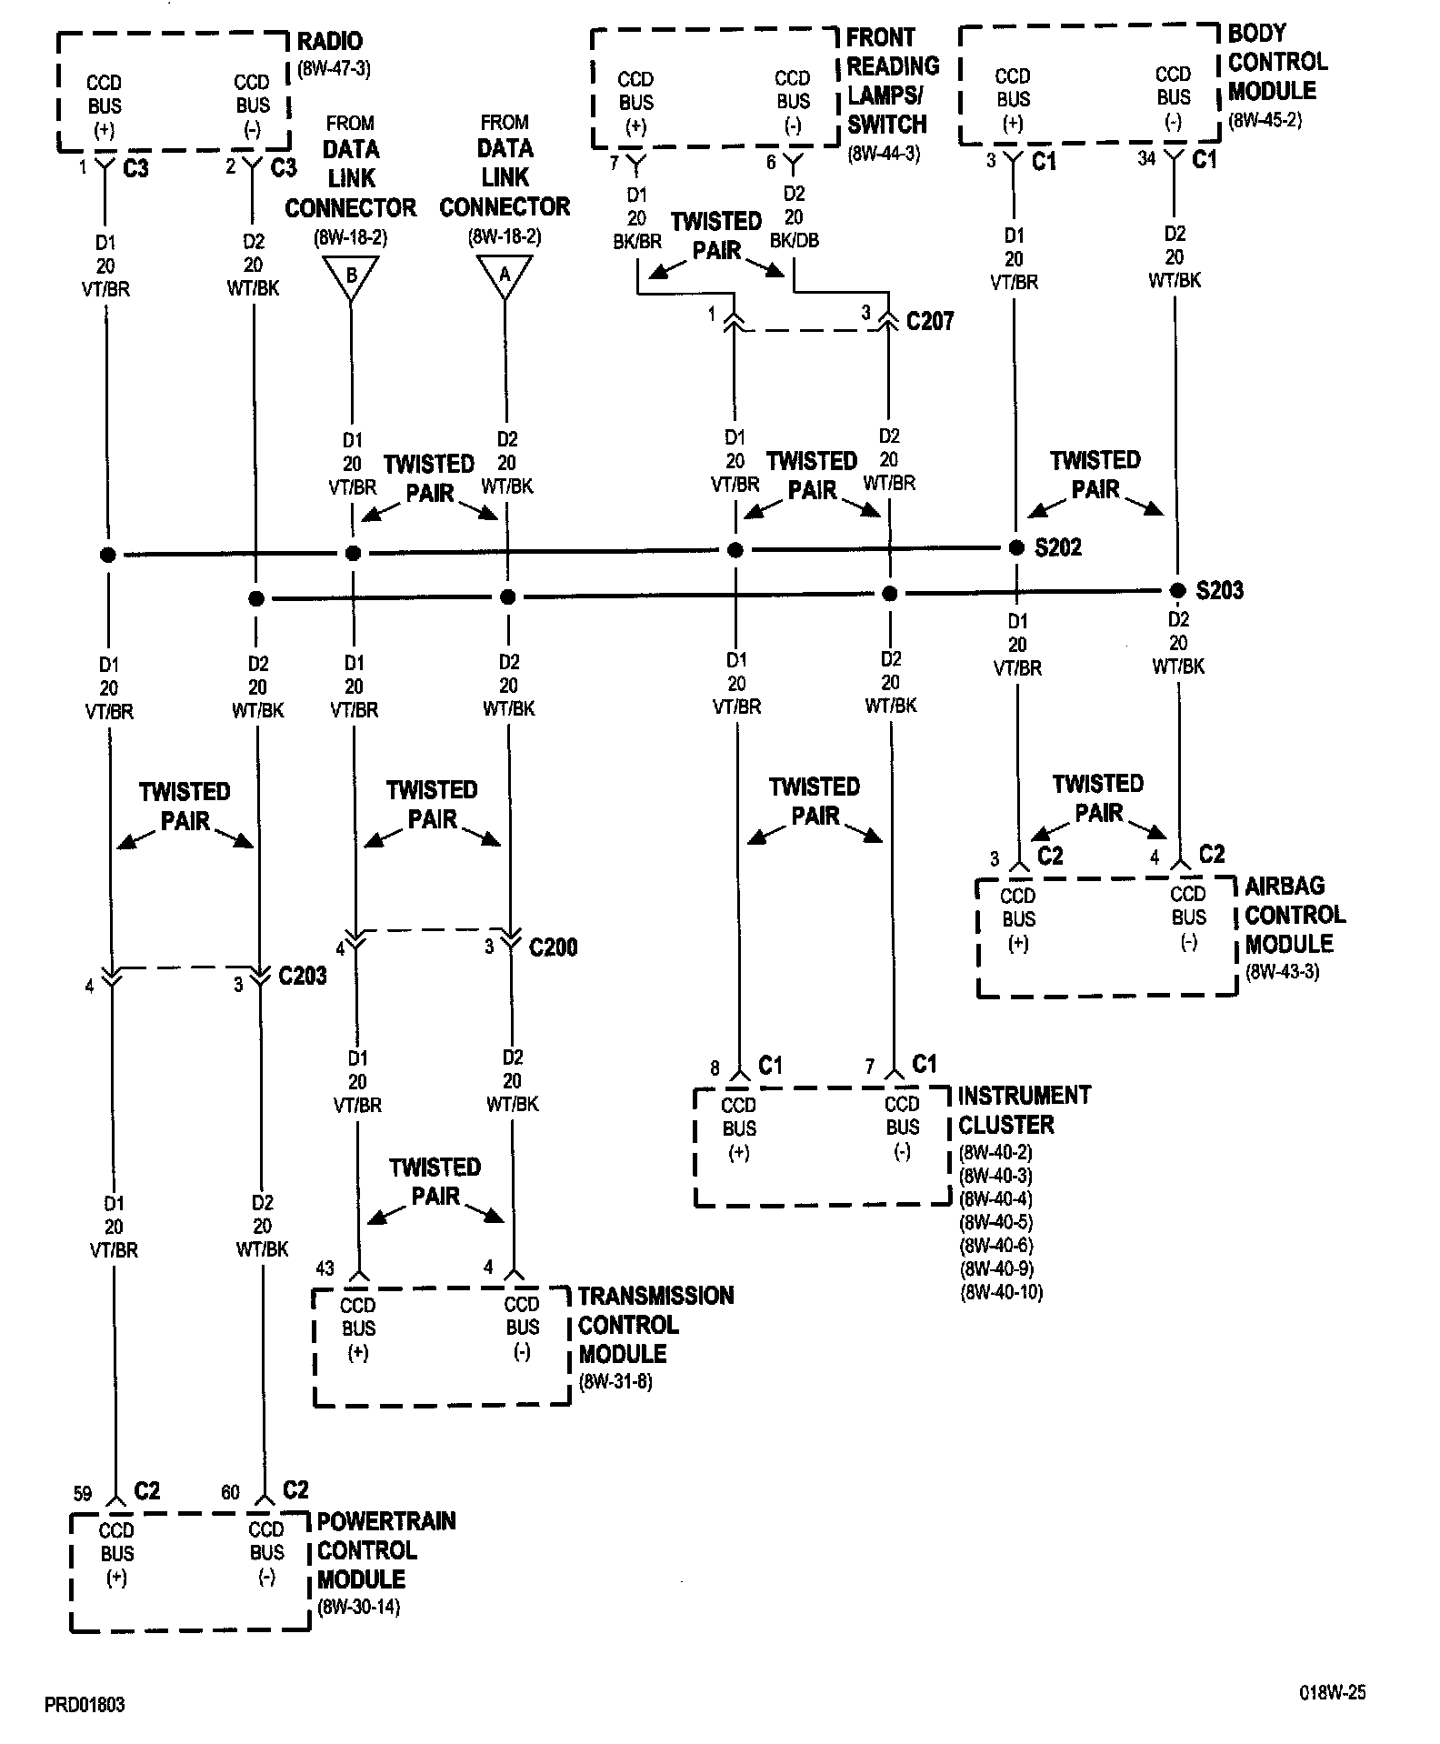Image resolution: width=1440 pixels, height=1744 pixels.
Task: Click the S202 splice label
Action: click(x=1058, y=547)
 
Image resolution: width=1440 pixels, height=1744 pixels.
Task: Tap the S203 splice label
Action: click(x=1219, y=591)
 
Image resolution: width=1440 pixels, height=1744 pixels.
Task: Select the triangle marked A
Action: click(x=505, y=276)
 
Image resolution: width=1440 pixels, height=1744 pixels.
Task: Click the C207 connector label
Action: click(x=930, y=321)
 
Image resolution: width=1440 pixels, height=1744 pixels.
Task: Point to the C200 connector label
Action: click(x=553, y=947)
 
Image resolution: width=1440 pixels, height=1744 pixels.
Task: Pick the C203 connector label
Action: click(x=303, y=977)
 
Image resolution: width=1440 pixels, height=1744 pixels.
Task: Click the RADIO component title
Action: click(x=330, y=41)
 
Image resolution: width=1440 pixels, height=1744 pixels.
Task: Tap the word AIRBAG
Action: click(x=1285, y=886)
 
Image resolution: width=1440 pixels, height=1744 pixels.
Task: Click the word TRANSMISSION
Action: click(x=655, y=1296)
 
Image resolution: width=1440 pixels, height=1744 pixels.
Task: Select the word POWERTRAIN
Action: click(x=386, y=1521)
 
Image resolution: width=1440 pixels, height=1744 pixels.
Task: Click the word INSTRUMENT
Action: click(x=1024, y=1096)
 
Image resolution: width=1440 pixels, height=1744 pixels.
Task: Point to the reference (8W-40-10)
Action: click(x=1001, y=1292)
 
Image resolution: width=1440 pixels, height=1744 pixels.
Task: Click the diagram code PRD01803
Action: click(x=85, y=1705)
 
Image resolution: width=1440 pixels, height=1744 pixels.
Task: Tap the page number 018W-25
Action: click(x=1331, y=1692)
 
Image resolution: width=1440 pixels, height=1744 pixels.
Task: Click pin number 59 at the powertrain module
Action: click(x=83, y=1493)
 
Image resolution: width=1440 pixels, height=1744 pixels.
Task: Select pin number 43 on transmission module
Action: click(x=325, y=1268)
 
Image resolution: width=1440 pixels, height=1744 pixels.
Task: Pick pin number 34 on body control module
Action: click(x=1146, y=159)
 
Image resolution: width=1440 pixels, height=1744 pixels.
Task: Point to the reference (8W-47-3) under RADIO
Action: click(x=334, y=68)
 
